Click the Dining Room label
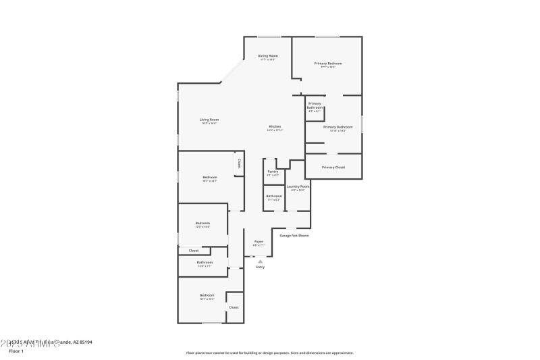(268, 55)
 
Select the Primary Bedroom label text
(328, 63)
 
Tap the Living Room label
(209, 120)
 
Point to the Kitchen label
(275, 127)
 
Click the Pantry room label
(273, 172)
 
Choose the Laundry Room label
(298, 186)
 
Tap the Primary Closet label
(333, 167)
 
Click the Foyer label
(259, 241)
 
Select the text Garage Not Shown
(294, 236)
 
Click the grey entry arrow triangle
(261, 261)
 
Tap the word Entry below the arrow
(261, 267)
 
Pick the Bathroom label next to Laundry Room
(274, 196)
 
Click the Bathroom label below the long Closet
(205, 262)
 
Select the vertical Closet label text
(239, 163)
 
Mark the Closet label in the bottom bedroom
(234, 307)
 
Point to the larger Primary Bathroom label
(337, 127)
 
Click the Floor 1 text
(16, 351)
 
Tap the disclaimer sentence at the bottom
(269, 353)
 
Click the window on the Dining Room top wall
(269, 36)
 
